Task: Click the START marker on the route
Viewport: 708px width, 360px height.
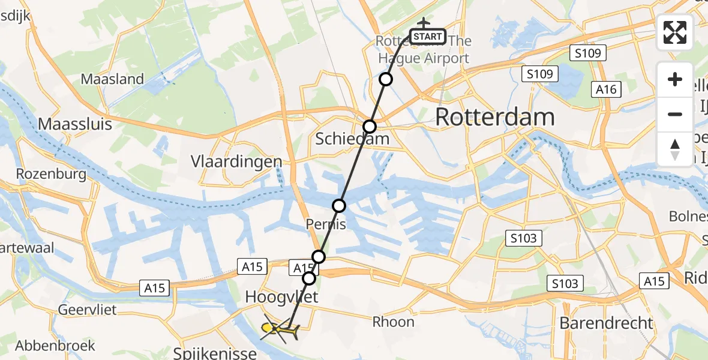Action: click(x=428, y=37)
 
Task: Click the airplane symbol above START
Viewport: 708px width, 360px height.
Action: click(x=424, y=23)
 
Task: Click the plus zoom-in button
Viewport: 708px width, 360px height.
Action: click(x=675, y=80)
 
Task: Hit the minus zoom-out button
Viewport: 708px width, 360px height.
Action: click(x=675, y=114)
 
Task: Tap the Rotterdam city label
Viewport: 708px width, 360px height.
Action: click(x=494, y=118)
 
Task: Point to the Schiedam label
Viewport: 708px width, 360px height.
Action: click(x=352, y=139)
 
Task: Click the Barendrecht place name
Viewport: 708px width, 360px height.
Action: click(x=606, y=323)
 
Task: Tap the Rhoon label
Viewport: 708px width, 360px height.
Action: click(x=393, y=322)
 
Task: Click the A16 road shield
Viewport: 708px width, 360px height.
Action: click(x=605, y=89)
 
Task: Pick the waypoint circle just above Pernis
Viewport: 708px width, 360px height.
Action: click(x=339, y=206)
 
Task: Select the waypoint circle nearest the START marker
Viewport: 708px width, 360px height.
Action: click(x=386, y=79)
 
